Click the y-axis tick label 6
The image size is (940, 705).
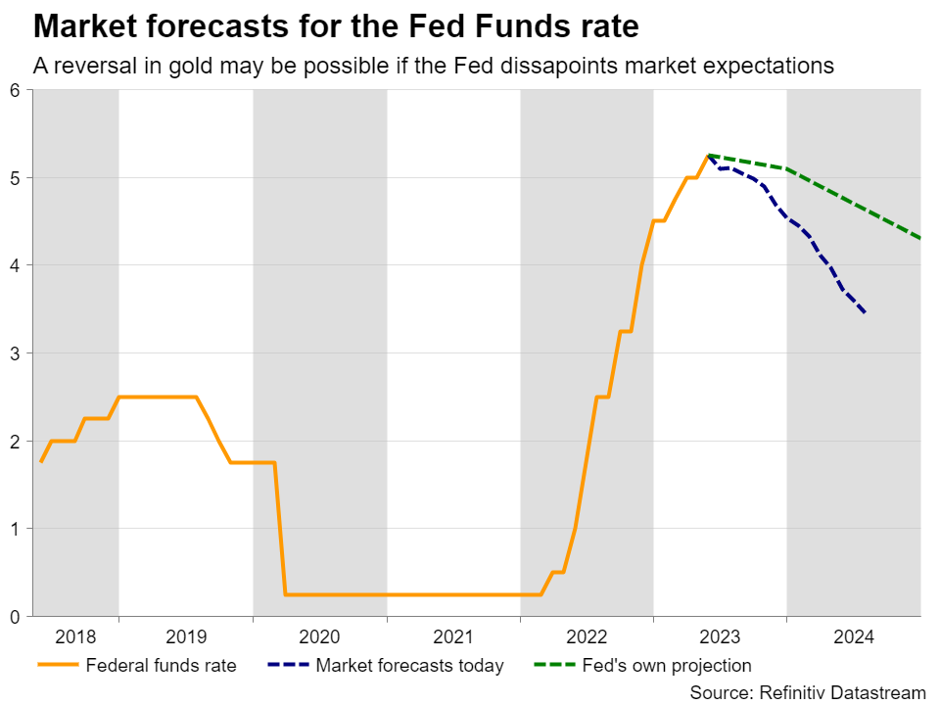click(x=16, y=91)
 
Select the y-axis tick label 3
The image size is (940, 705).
click(x=16, y=353)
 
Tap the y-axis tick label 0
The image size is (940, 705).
click(x=16, y=616)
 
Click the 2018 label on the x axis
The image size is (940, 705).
click(x=75, y=636)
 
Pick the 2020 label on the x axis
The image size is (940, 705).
click(x=319, y=636)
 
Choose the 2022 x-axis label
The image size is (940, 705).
click(x=587, y=636)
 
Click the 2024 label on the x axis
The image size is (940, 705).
click(x=853, y=636)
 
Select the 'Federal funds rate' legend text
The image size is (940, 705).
click(x=161, y=666)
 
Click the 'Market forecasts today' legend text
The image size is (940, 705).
click(x=409, y=666)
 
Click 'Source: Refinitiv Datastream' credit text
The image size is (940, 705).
click(x=807, y=692)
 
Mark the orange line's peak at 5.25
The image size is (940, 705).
click(x=707, y=156)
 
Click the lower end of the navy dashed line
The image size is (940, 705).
click(x=865, y=313)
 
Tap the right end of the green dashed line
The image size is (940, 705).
click(x=919, y=238)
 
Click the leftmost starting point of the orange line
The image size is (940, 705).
click(x=41, y=461)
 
